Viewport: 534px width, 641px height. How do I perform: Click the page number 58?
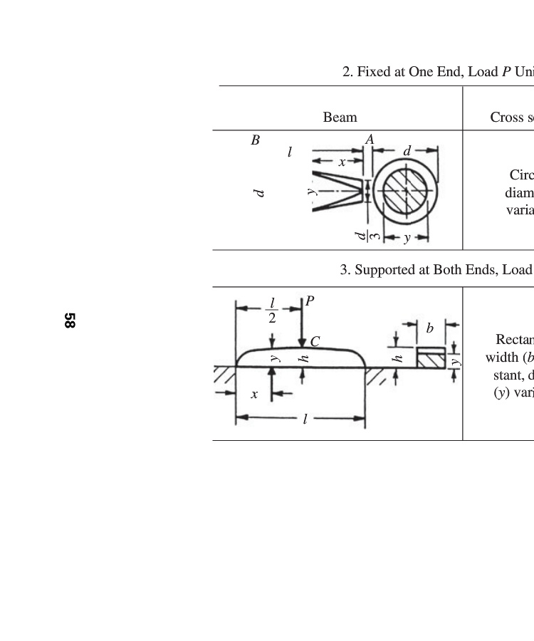click(x=69, y=320)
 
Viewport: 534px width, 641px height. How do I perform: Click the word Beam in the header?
click(x=340, y=117)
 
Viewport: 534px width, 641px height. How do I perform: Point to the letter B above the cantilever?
click(x=255, y=140)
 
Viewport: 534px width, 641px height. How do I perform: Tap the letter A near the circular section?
click(x=370, y=140)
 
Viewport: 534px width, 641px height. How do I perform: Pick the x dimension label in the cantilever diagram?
click(x=342, y=162)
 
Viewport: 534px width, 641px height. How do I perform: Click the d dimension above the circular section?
click(x=407, y=150)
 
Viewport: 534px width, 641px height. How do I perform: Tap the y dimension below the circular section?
click(x=407, y=238)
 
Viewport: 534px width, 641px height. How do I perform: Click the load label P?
click(x=310, y=301)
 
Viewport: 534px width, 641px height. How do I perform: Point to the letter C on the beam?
click(x=315, y=341)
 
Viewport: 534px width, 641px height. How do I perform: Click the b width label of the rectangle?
click(x=429, y=328)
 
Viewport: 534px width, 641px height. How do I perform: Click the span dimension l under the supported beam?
click(x=305, y=419)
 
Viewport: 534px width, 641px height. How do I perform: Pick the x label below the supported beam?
click(x=253, y=394)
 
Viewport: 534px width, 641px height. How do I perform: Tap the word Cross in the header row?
click(x=506, y=117)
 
